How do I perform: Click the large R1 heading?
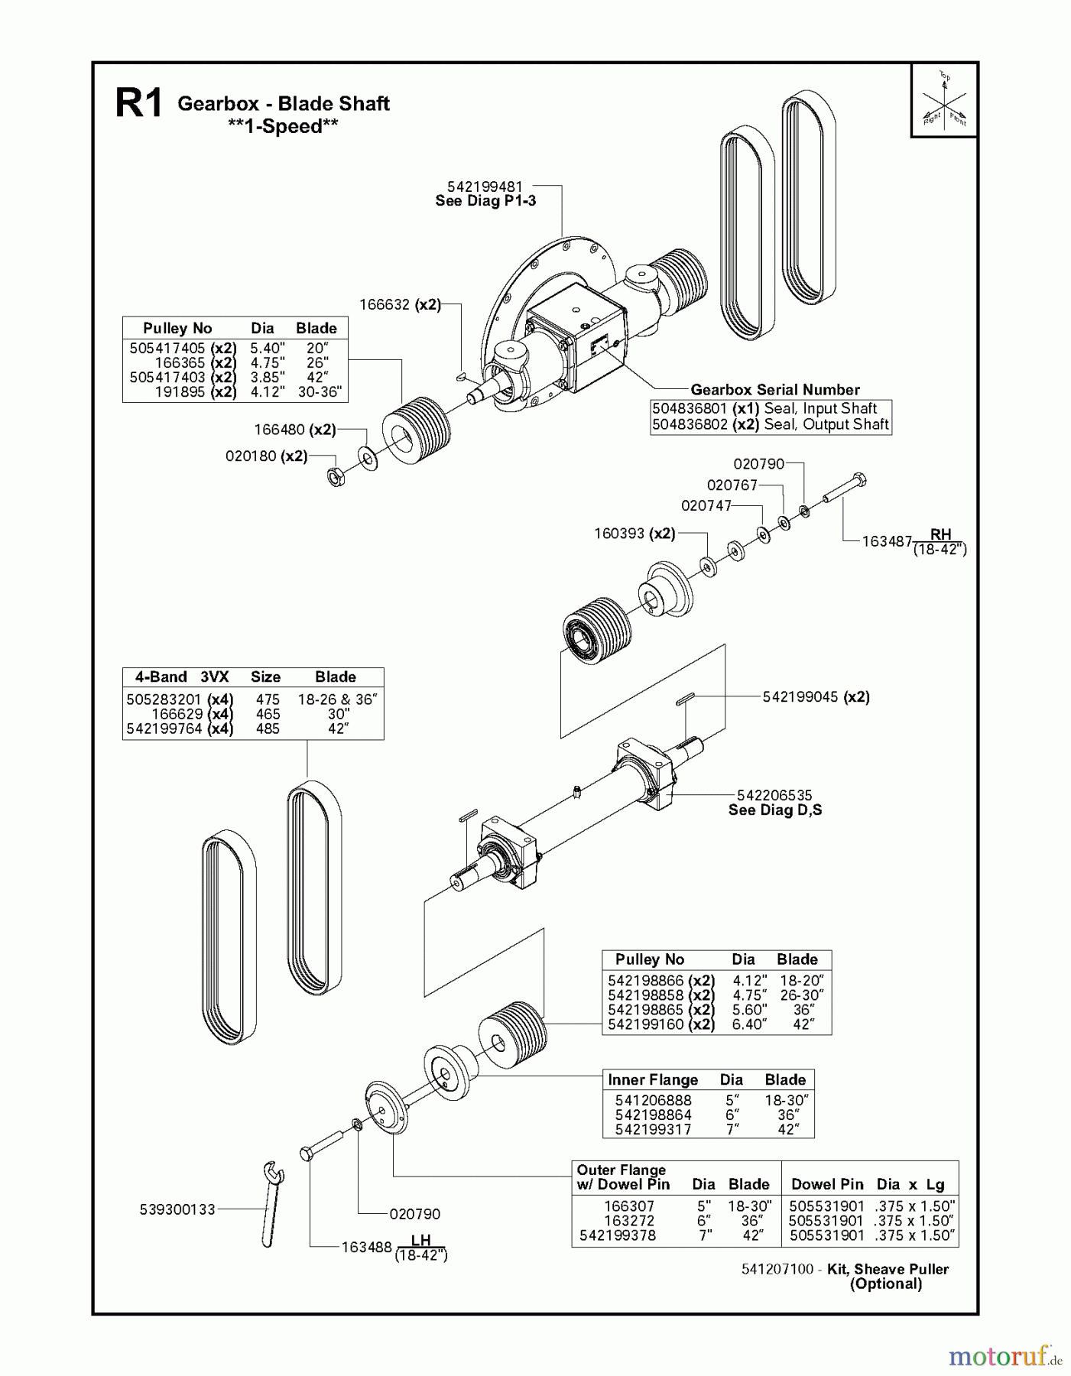pyautogui.click(x=138, y=104)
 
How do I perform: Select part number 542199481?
pyautogui.click(x=485, y=187)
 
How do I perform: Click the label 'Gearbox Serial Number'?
pyautogui.click(x=774, y=390)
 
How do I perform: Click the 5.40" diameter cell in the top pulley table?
pyautogui.click(x=267, y=348)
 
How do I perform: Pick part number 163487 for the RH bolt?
pyautogui.click(x=887, y=541)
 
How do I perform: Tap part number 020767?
pyautogui.click(x=732, y=485)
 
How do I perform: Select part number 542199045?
pyautogui.click(x=800, y=697)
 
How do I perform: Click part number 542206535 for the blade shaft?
pyautogui.click(x=774, y=796)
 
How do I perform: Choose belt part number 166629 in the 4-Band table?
pyautogui.click(x=177, y=714)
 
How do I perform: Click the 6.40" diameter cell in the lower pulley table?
pyautogui.click(x=748, y=1024)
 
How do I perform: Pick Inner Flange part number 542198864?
pyautogui.click(x=653, y=1115)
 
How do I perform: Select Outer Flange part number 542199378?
pyautogui.click(x=617, y=1235)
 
